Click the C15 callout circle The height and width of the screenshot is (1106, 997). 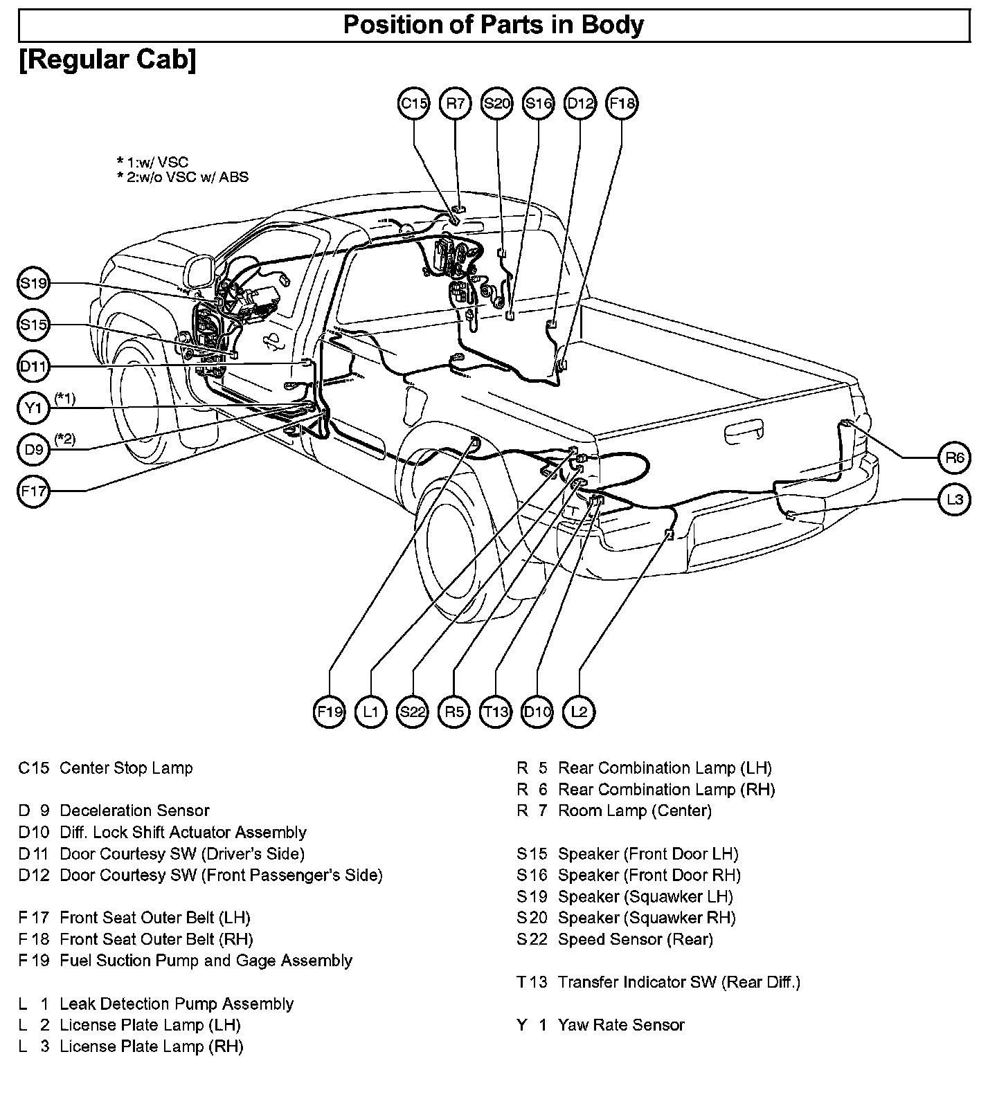pyautogui.click(x=414, y=104)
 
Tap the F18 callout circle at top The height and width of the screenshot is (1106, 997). pyautogui.click(x=621, y=104)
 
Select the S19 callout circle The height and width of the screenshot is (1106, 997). pyautogui.click(x=33, y=283)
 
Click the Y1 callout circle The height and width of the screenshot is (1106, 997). pyautogui.click(x=33, y=408)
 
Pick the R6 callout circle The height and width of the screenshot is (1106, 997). pyautogui.click(x=954, y=457)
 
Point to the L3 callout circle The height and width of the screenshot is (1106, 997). pyautogui.click(x=954, y=500)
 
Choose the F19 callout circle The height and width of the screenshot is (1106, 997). pyautogui.click(x=329, y=711)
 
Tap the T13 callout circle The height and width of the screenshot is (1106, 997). pyautogui.click(x=496, y=711)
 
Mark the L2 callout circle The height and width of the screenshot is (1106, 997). pyautogui.click(x=579, y=711)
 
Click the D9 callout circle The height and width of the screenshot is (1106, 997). pyautogui.click(x=33, y=450)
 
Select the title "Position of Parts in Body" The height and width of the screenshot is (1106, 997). pyautogui.click(x=494, y=26)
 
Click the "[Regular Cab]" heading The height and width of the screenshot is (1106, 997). pyautogui.click(x=107, y=60)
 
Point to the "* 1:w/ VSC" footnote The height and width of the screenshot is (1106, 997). pyautogui.click(x=152, y=162)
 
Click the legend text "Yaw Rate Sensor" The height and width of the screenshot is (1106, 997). pyautogui.click(x=621, y=1025)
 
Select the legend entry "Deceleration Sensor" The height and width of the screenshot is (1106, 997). pyautogui.click(x=134, y=810)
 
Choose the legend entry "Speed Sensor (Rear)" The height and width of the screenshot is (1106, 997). pyautogui.click(x=635, y=939)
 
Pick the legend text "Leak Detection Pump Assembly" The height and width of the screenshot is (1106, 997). pyautogui.click(x=177, y=1004)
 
